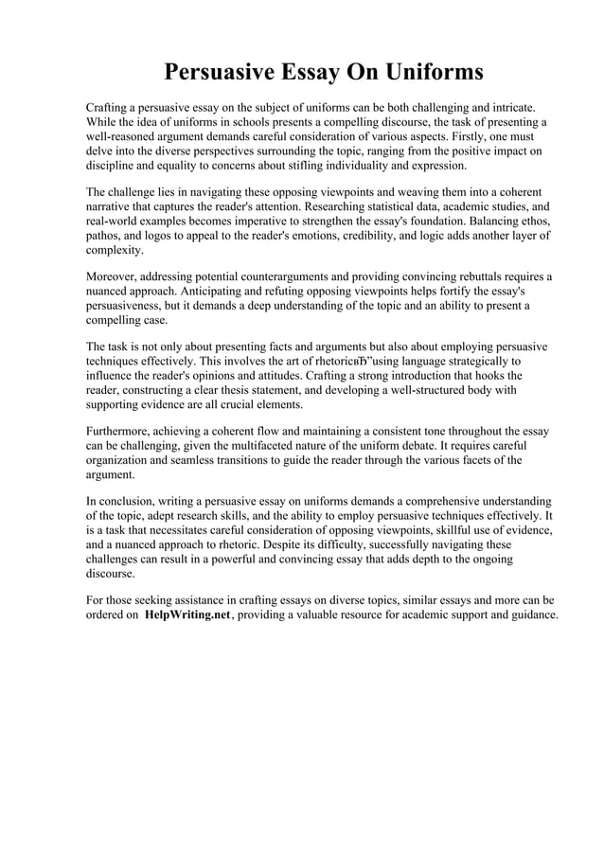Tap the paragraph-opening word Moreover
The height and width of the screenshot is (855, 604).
114,276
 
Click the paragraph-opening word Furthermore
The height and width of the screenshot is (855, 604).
121,431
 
